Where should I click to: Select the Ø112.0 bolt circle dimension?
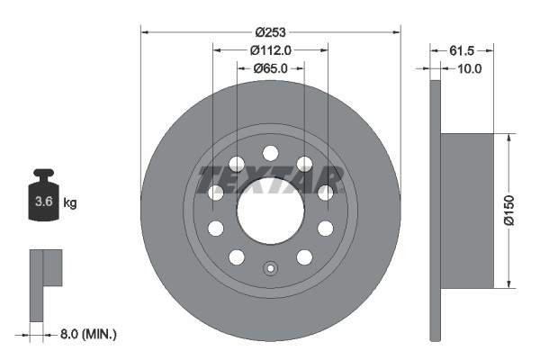tap(270, 49)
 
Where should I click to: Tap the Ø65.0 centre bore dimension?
tap(270, 68)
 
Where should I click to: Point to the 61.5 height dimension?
tap(462, 49)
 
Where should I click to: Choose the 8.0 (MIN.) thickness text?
tap(86, 334)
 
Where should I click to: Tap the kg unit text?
tap(70, 202)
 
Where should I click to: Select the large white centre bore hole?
tap(270, 210)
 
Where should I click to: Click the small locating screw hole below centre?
tap(270, 267)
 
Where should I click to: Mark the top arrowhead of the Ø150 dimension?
tap(512, 139)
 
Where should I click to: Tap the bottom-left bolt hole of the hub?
tap(237, 257)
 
